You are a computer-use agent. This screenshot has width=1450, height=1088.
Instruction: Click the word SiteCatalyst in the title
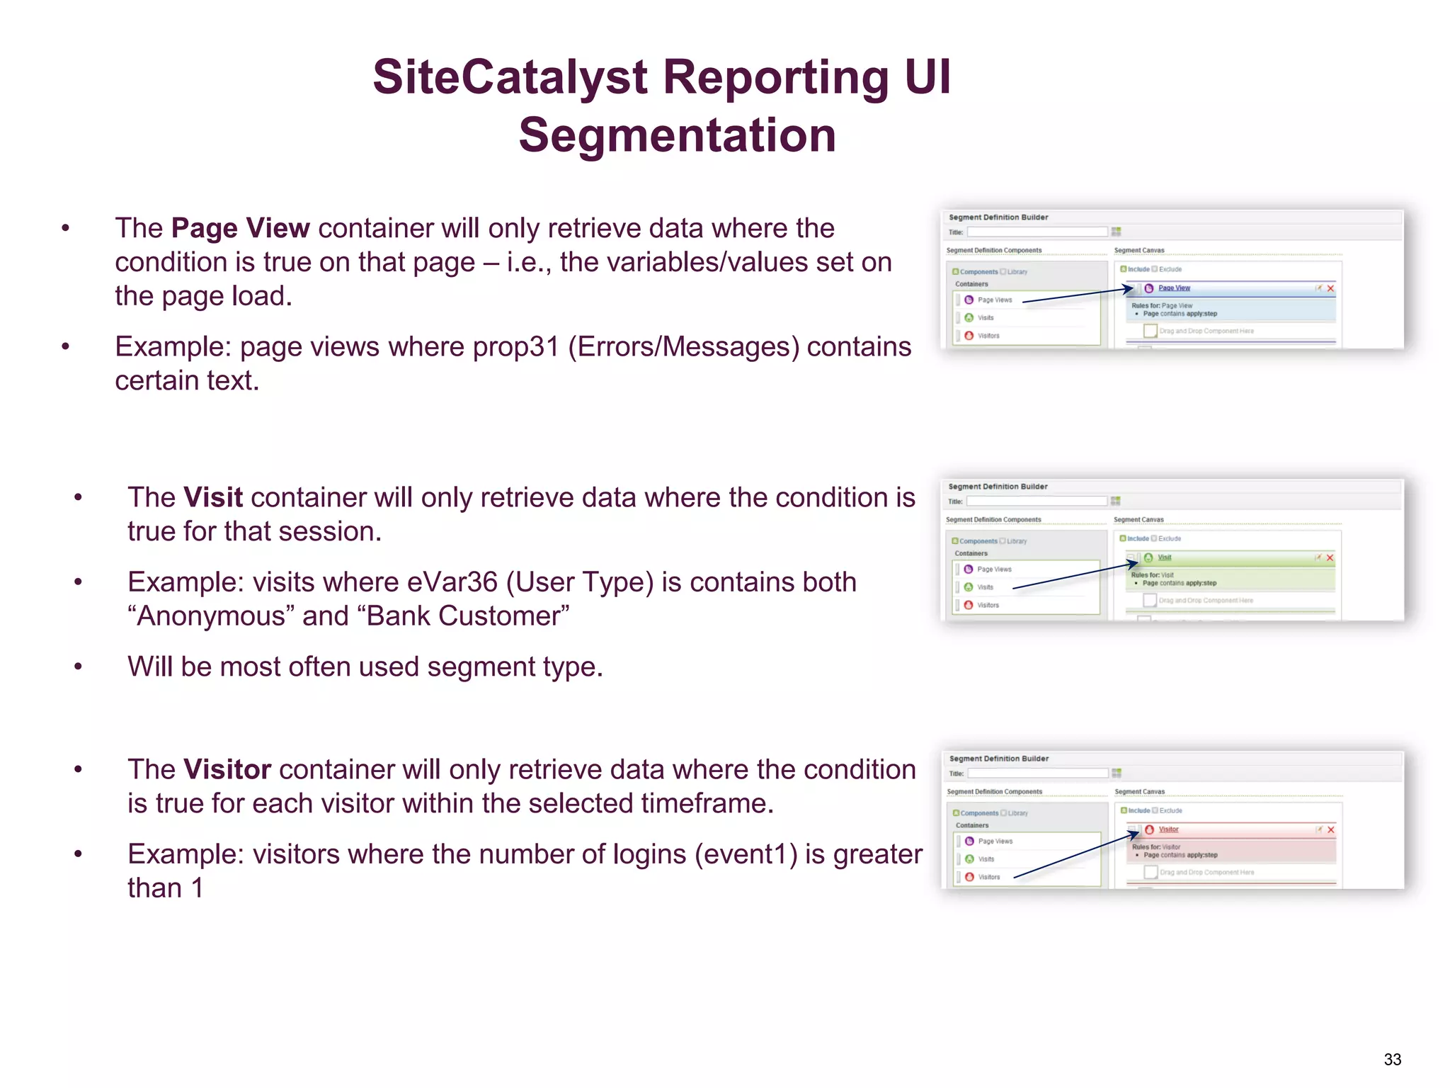[x=510, y=77]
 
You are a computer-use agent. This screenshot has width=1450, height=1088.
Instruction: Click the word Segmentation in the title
[x=677, y=135]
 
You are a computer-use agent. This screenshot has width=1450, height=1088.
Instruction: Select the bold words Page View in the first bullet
[x=240, y=228]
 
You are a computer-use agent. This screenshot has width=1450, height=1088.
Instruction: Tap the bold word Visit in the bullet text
[x=212, y=497]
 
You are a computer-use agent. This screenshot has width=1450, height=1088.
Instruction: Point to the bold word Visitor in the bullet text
[x=227, y=769]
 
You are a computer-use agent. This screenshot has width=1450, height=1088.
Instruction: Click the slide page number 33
[x=1392, y=1060]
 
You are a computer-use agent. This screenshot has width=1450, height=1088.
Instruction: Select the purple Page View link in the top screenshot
[x=1174, y=288]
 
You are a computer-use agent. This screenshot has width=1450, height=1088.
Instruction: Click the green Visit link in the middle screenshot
[x=1165, y=557]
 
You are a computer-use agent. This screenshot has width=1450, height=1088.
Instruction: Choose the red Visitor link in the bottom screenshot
[x=1168, y=829]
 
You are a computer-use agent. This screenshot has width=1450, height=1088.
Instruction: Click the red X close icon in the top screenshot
[x=1330, y=288]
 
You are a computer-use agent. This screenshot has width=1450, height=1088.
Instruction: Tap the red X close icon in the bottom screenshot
[x=1330, y=829]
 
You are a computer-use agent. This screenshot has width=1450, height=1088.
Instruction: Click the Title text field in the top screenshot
[x=1037, y=232]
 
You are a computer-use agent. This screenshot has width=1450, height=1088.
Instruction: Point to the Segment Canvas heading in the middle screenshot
[x=1138, y=520]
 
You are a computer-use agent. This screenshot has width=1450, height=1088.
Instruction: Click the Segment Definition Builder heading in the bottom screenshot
[x=998, y=759]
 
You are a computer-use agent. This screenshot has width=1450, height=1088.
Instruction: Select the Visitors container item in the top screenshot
[x=988, y=336]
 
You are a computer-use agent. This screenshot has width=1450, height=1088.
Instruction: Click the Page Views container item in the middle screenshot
[x=994, y=569]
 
